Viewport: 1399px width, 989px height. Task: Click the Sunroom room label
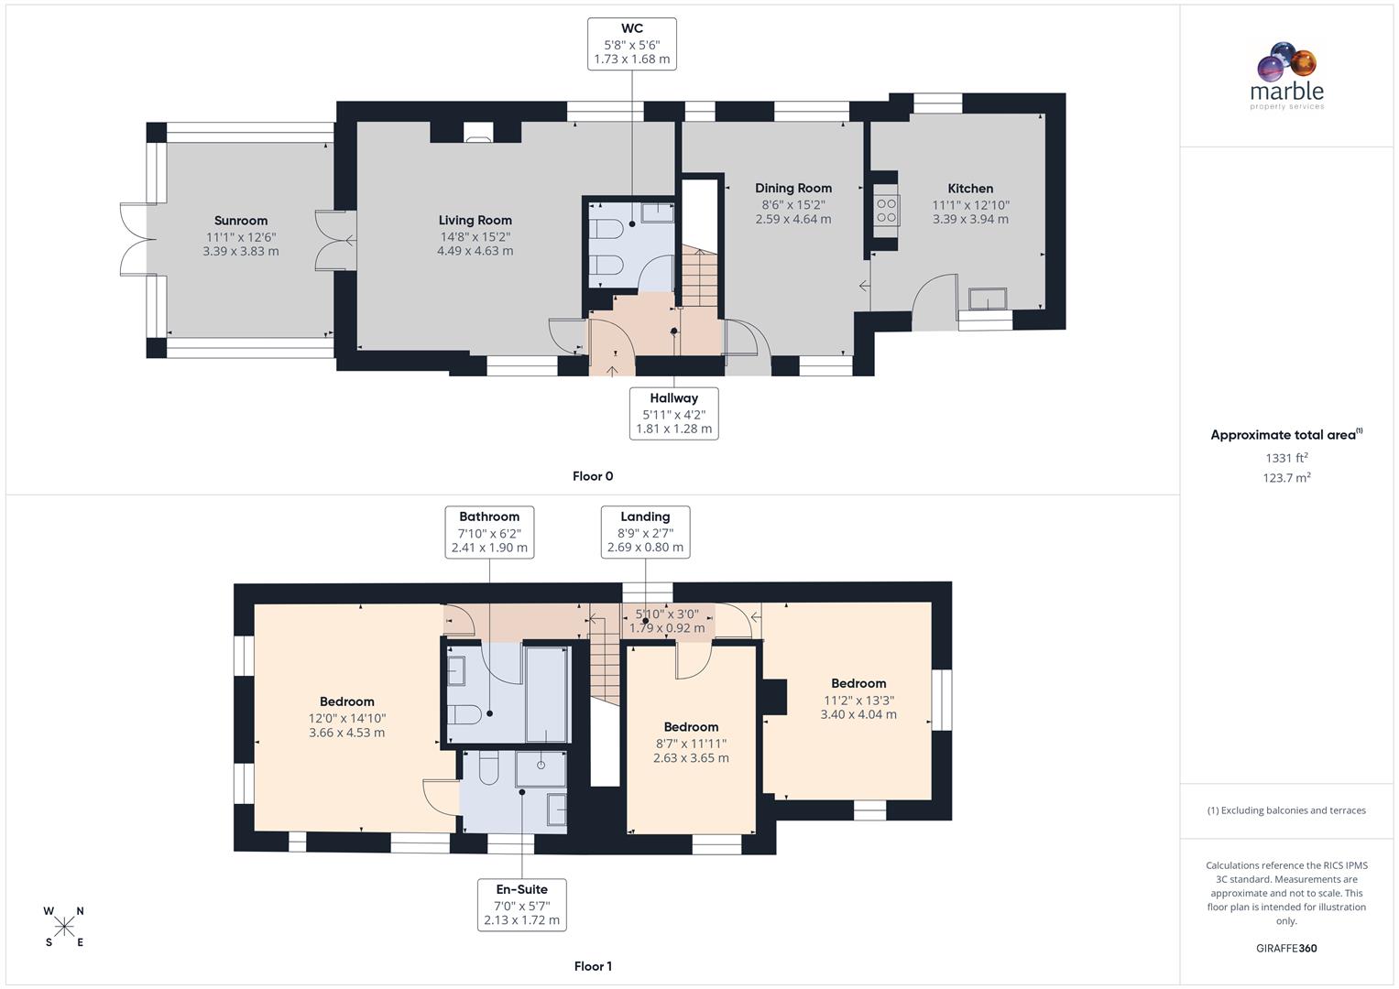click(x=241, y=221)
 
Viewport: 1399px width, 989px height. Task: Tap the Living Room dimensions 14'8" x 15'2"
click(x=475, y=235)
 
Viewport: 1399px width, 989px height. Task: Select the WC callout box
click(x=632, y=43)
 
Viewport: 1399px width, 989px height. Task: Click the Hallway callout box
click(x=673, y=413)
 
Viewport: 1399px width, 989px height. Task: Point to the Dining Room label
click(x=793, y=189)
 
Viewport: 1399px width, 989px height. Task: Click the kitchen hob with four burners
click(x=886, y=211)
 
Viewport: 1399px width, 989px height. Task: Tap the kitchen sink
click(x=988, y=299)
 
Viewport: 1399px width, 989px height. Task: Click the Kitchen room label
click(x=970, y=189)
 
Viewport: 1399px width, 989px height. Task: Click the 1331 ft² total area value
click(x=1286, y=458)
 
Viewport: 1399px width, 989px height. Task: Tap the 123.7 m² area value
click(x=1286, y=478)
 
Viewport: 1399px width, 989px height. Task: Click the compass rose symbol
click(x=64, y=927)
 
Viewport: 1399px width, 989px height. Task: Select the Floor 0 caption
click(x=593, y=476)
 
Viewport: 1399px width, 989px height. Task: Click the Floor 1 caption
click(x=593, y=966)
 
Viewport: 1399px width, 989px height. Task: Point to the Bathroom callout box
click(x=489, y=532)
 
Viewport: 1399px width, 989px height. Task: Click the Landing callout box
click(x=645, y=532)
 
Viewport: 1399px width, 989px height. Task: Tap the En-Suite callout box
click(x=521, y=905)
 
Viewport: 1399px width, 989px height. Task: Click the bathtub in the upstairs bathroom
click(x=547, y=693)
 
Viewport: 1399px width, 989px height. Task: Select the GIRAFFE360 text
click(x=1286, y=948)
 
